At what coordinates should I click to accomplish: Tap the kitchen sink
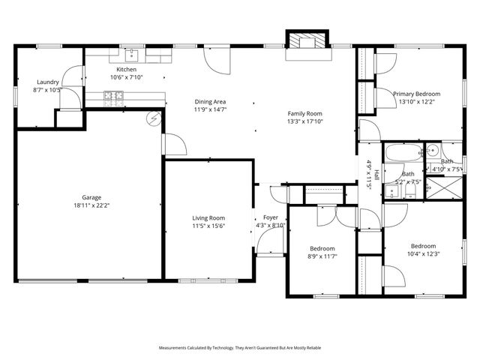132,54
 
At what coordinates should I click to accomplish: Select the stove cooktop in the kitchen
114,95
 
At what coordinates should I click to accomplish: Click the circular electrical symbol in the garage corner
155,118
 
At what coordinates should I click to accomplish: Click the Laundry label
47,82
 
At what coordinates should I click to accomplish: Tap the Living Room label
208,218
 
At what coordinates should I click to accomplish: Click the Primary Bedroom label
417,94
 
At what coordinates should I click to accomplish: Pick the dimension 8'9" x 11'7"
322,256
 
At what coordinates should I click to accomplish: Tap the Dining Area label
211,101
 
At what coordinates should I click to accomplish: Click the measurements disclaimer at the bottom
239,348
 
